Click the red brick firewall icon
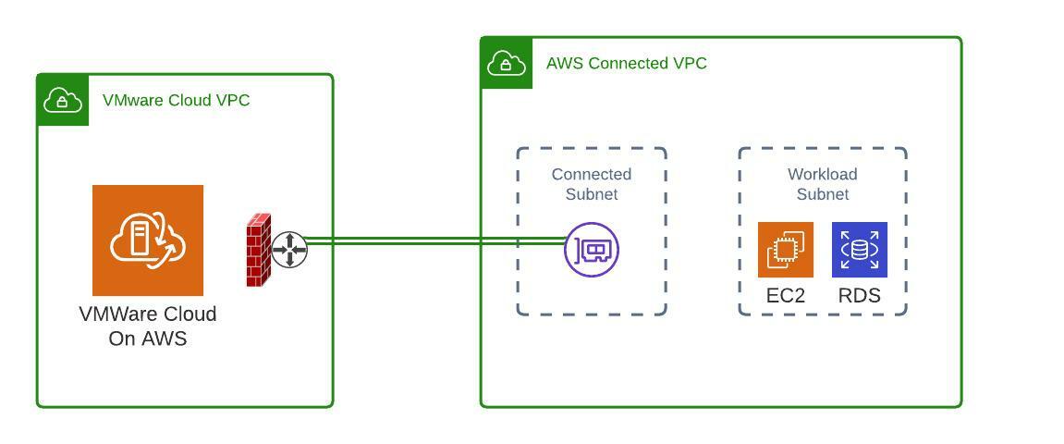tap(258, 250)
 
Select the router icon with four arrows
tap(289, 250)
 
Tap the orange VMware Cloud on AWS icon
tap(148, 240)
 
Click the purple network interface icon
tap(592, 250)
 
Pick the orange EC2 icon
tap(786, 250)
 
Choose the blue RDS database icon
tap(860, 250)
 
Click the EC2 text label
tap(786, 296)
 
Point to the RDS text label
tap(860, 296)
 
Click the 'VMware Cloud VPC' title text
tap(176, 100)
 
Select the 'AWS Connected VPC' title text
tap(627, 63)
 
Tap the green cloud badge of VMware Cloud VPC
tap(63, 100)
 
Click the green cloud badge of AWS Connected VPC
tap(507, 63)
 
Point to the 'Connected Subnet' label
tap(592, 184)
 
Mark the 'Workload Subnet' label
tap(823, 184)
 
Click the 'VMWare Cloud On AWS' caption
tap(148, 327)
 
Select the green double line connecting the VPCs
tap(434, 241)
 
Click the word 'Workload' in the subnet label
tap(823, 174)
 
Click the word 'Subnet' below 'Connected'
tap(592, 194)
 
